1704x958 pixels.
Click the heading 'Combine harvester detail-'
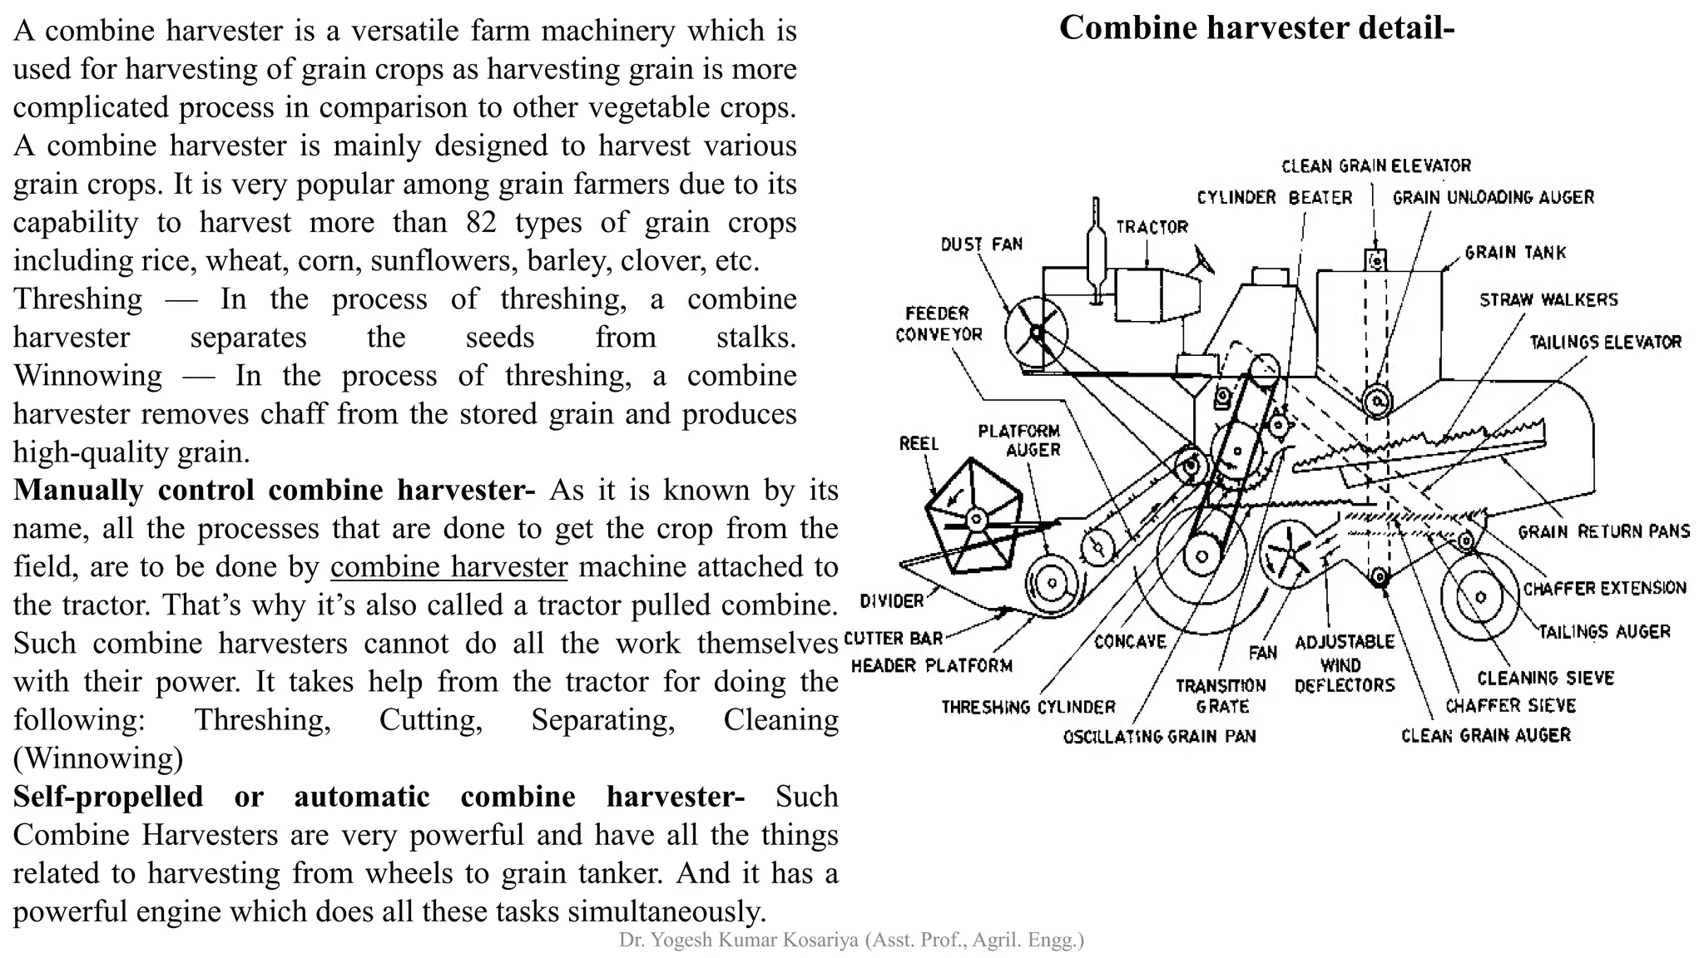[x=1256, y=28]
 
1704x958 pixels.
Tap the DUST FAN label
[x=981, y=244]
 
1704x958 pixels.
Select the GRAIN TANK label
[x=1515, y=252]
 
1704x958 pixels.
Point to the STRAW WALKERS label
[x=1548, y=299]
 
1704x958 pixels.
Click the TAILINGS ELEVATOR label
[x=1605, y=342]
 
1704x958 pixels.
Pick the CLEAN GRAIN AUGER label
[x=1485, y=735]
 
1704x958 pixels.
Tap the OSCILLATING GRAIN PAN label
[x=1159, y=736]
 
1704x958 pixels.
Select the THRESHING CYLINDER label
[x=1028, y=707]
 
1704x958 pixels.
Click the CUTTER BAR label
[x=894, y=639]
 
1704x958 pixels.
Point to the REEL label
[x=919, y=443]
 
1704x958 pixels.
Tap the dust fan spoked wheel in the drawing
[x=1036, y=332]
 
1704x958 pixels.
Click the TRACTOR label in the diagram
[x=1152, y=226]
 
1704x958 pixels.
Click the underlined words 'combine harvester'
[x=448, y=566]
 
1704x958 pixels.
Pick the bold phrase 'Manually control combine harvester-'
[x=274, y=490]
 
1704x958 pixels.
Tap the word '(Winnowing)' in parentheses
[x=98, y=758]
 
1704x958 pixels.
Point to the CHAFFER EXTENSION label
[x=1604, y=588]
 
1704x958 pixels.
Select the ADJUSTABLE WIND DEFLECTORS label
[x=1344, y=664]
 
